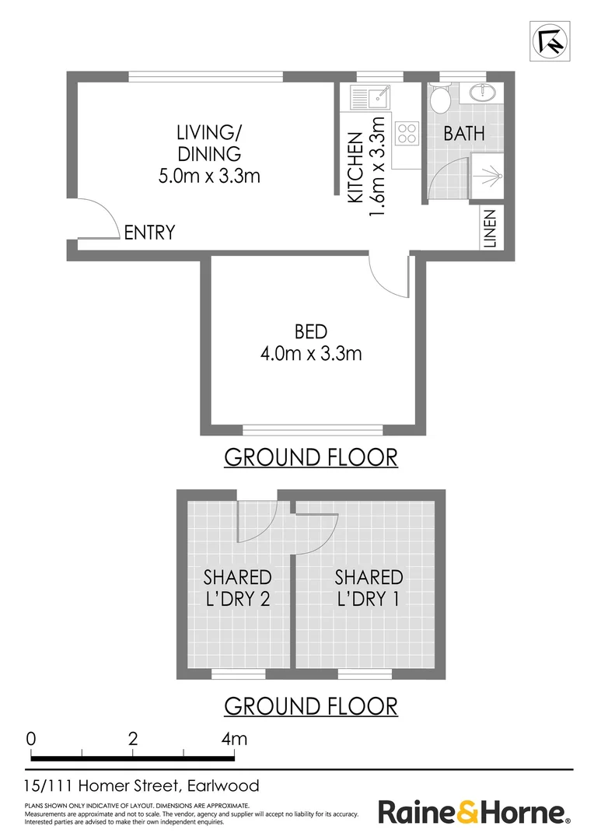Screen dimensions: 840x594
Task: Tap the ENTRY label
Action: [x=149, y=233]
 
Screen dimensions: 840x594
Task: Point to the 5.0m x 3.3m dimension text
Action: [x=209, y=177]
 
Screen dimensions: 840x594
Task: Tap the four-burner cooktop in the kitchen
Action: [x=407, y=133]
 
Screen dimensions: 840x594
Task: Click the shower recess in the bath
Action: [x=487, y=177]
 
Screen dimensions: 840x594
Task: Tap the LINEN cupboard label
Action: [x=490, y=228]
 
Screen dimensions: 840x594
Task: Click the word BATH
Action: [x=464, y=133]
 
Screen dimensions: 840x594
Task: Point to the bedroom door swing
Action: [x=389, y=277]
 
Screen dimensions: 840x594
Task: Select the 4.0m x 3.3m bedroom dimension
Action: [x=311, y=355]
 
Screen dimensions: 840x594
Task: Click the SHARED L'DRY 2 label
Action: [x=237, y=588]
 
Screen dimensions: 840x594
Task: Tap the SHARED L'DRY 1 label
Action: [x=369, y=588]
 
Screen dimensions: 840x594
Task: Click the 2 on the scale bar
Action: [x=133, y=738]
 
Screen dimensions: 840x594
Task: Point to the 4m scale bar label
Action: [x=233, y=738]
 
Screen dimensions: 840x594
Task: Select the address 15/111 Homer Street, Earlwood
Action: [x=142, y=786]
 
